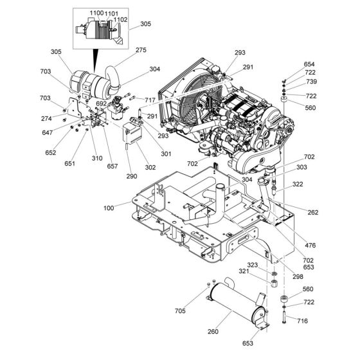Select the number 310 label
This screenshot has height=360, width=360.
click(x=98, y=158)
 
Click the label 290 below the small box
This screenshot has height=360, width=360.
click(x=132, y=176)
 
